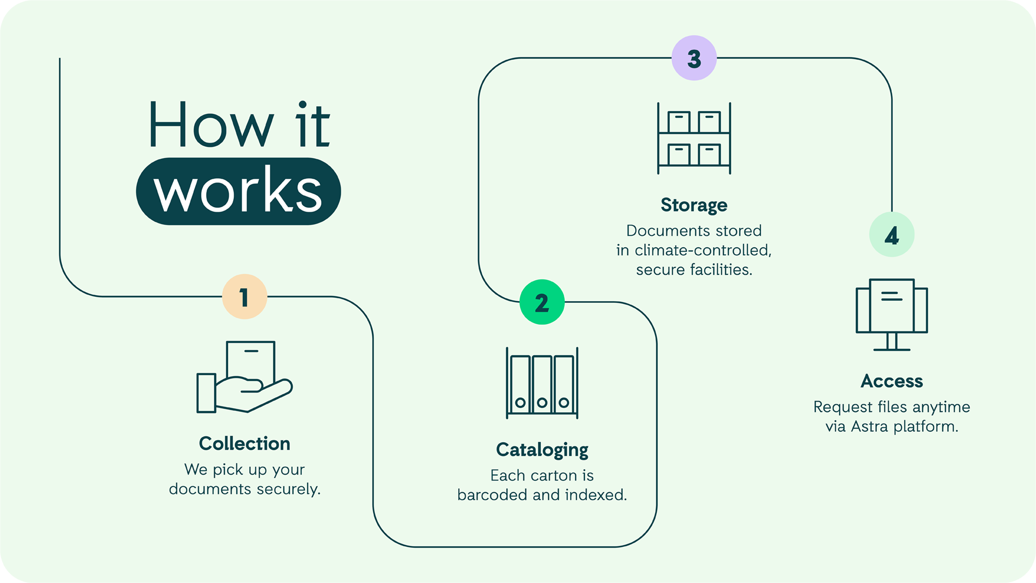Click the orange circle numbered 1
(244, 297)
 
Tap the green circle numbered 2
(542, 302)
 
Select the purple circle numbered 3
(694, 58)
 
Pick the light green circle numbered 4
(891, 235)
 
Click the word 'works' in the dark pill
(238, 192)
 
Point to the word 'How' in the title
(211, 126)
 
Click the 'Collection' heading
(244, 444)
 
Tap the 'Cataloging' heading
(542, 450)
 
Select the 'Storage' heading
(694, 205)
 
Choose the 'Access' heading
(891, 381)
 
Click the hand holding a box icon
(244, 378)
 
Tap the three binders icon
(542, 383)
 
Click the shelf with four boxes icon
(694, 139)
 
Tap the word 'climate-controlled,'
(703, 250)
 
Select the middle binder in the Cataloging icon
(542, 384)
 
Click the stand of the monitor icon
(891, 342)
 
